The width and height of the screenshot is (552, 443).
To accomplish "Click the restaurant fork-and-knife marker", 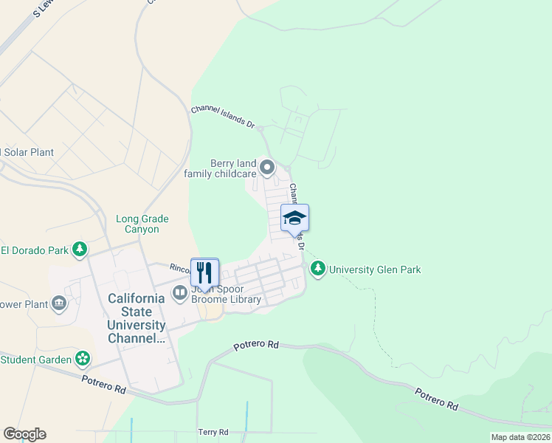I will coord(205,272).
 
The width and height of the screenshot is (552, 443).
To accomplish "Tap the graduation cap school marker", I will coord(294,219).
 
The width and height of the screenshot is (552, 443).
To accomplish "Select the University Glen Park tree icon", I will coord(318,269).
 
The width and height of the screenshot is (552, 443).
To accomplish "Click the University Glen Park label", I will coord(375,269).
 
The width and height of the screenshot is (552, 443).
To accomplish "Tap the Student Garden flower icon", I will coord(83,360).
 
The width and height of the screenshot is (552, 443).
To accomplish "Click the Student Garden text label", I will coord(35,360).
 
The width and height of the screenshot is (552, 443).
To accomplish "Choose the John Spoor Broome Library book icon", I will coord(180,294).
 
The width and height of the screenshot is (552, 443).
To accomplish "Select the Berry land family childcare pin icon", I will coord(267,168).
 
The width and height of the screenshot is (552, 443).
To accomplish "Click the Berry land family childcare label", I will coord(223,168).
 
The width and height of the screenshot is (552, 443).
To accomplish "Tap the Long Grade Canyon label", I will coord(142,224).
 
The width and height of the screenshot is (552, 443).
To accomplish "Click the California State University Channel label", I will coord(137,318).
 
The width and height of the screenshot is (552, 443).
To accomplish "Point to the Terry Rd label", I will coord(213,432).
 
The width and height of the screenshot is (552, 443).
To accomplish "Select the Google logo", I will coord(24,434).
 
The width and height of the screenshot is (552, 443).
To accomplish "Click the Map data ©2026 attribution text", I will coord(520,437).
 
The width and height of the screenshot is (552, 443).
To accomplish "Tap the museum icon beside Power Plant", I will coord(58,303).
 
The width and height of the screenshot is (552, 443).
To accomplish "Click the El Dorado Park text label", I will coord(34,250).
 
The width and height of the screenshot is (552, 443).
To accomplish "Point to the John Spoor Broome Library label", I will coord(226,294).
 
